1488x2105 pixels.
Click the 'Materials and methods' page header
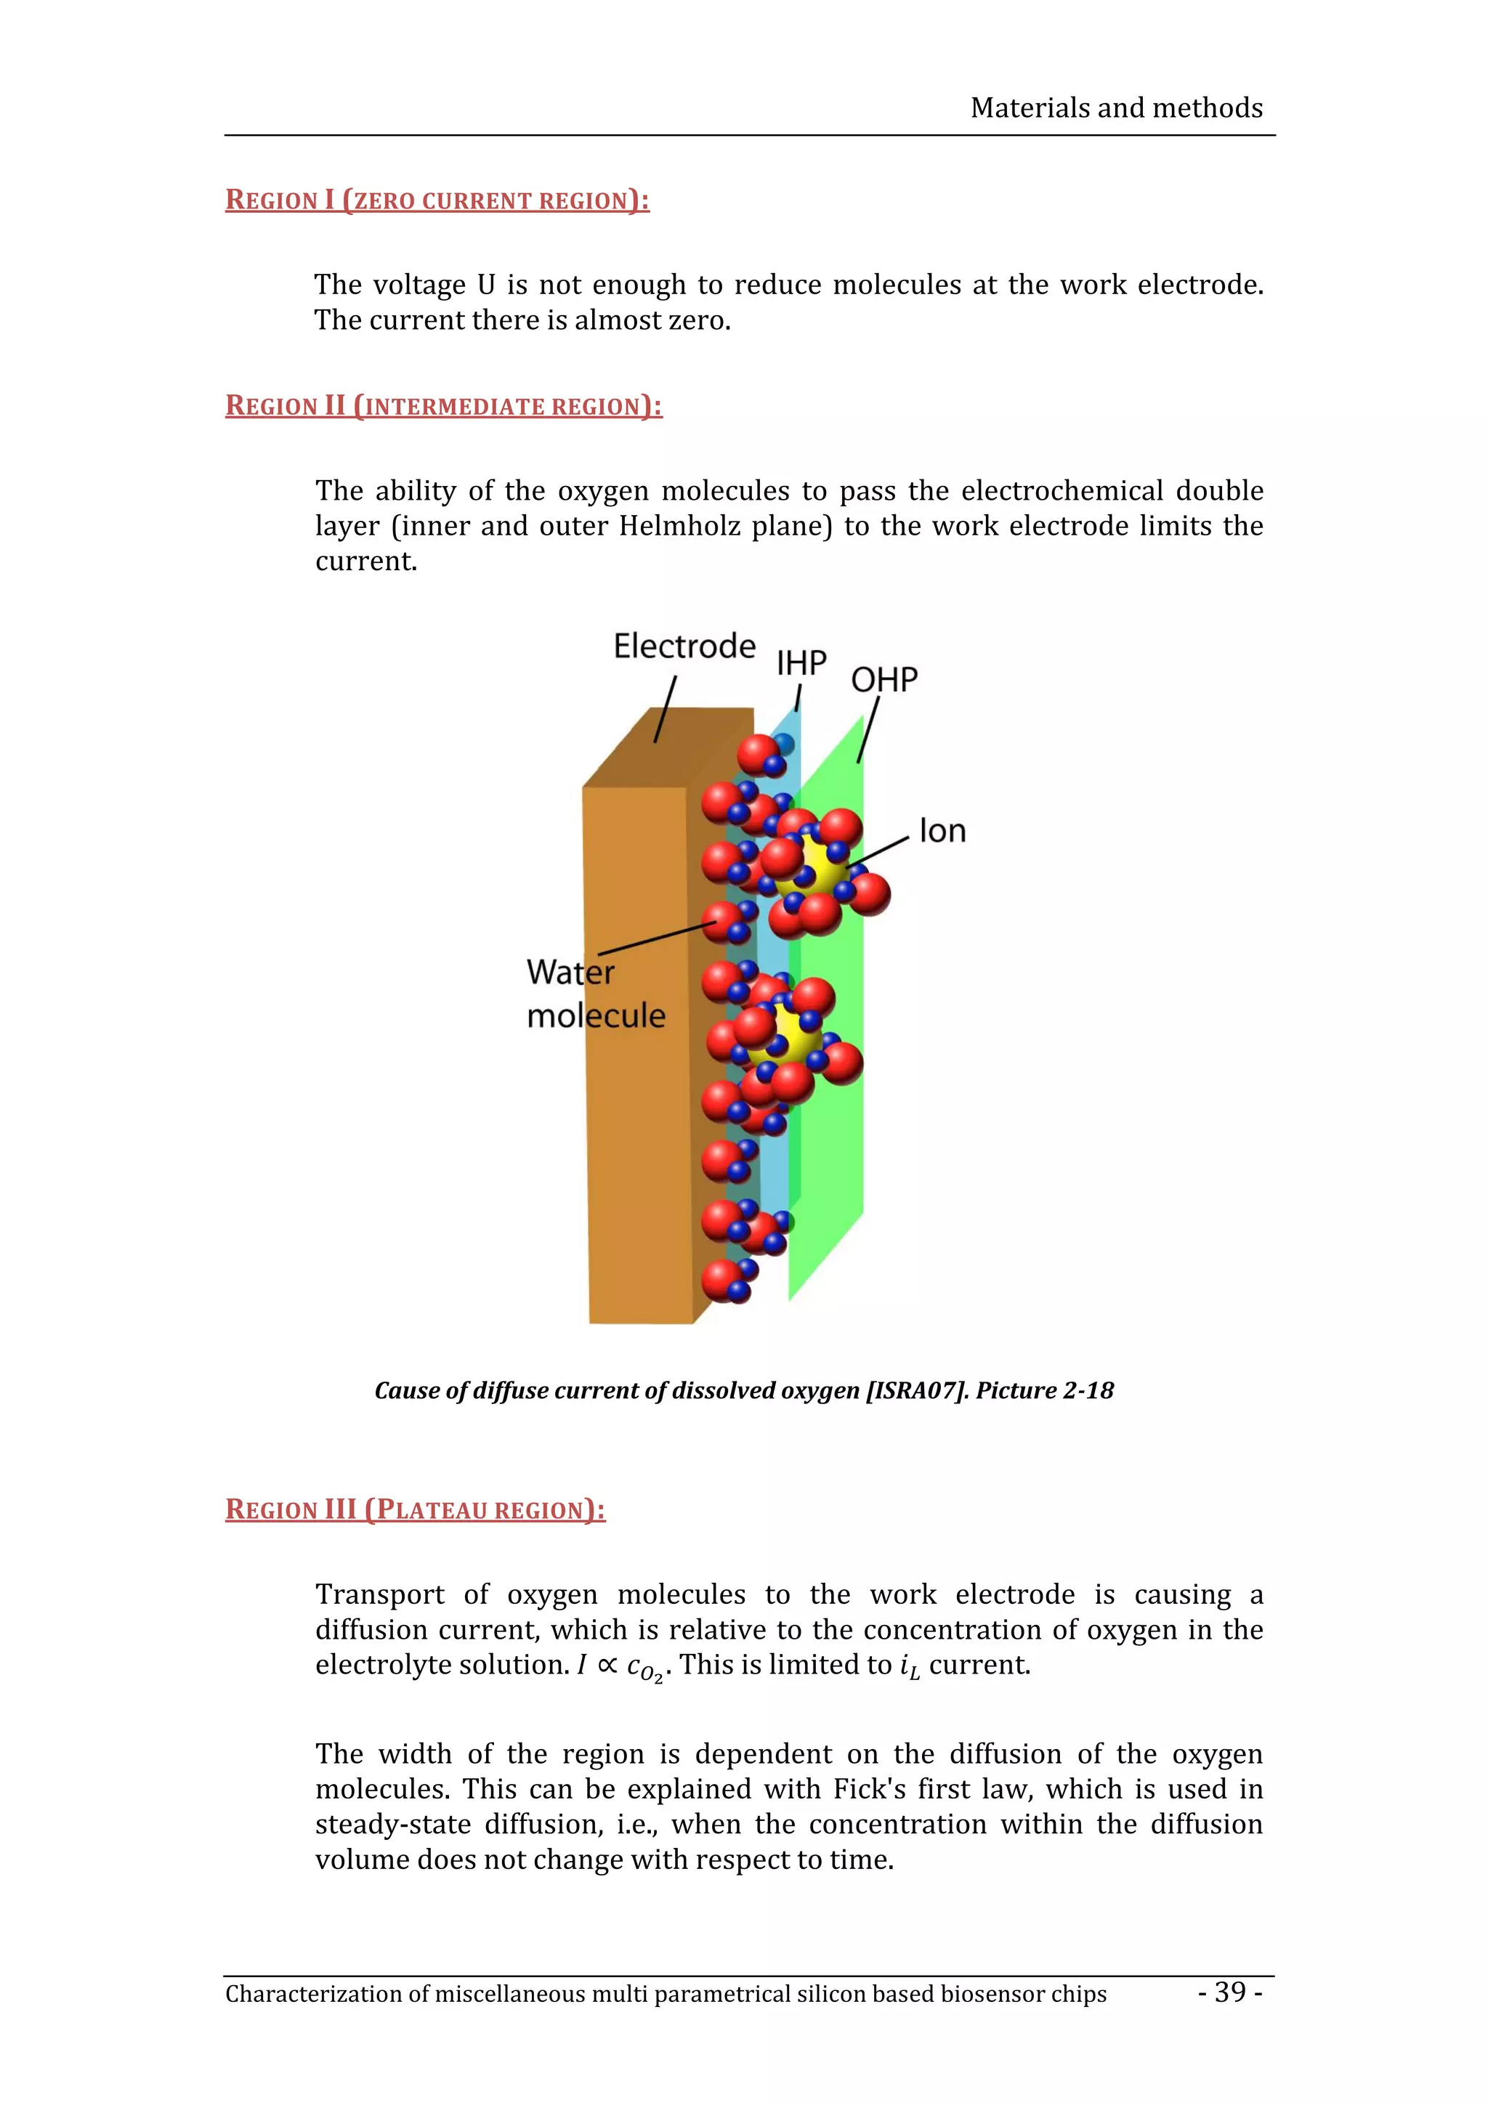[1116, 108]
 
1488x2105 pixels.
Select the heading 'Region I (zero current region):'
[437, 200]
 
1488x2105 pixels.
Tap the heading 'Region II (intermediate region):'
[444, 405]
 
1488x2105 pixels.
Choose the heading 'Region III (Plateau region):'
[416, 1509]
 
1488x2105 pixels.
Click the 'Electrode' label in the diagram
[684, 646]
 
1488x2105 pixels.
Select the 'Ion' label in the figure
[942, 832]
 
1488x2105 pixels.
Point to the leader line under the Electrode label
[666, 709]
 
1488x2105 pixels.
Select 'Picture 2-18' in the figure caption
[1046, 1391]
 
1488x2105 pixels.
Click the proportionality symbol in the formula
[607, 1665]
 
